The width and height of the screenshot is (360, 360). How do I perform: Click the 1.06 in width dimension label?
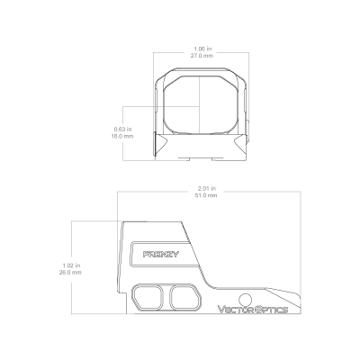click(202, 49)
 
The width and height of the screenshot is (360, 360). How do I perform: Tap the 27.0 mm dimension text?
click(202, 56)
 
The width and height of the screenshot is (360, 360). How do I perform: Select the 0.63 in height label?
click(122, 130)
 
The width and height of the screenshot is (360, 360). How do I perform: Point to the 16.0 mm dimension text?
click(122, 136)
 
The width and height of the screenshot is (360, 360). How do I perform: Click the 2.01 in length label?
click(207, 188)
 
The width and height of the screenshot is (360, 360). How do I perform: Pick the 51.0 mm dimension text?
click(206, 195)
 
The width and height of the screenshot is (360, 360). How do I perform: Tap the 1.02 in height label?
click(71, 265)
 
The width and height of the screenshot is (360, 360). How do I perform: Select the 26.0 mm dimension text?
click(70, 273)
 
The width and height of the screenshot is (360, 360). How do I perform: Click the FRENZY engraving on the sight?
click(161, 255)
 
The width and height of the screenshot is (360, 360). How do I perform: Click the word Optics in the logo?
click(271, 310)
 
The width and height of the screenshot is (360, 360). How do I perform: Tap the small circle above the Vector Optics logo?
click(246, 300)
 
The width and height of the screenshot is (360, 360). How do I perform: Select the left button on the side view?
click(148, 297)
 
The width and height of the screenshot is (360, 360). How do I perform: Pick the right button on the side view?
click(185, 297)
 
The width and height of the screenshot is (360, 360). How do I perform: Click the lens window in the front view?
click(201, 104)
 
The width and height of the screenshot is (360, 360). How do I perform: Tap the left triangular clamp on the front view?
click(161, 144)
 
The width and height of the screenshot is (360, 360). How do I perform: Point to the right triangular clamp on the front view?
click(241, 143)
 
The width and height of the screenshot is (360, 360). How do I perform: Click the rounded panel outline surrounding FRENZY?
click(130, 255)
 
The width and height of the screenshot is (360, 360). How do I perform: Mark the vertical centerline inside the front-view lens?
click(200, 104)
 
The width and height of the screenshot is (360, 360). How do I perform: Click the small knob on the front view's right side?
click(247, 130)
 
